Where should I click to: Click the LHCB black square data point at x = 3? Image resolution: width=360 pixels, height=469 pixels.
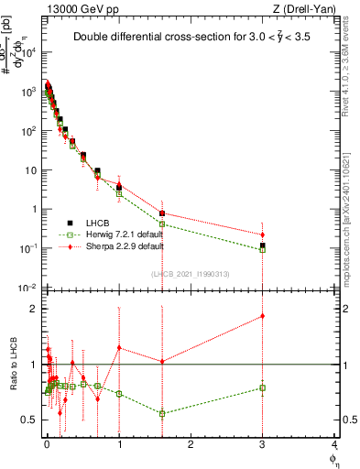[263, 245]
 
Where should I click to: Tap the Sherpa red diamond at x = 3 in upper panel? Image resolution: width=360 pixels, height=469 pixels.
[263, 234]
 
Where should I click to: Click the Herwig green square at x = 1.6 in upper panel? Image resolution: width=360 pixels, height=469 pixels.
[162, 224]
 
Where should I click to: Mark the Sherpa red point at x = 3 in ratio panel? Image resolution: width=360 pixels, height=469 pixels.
[263, 316]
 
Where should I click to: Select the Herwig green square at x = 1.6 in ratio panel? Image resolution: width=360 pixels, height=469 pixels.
[162, 413]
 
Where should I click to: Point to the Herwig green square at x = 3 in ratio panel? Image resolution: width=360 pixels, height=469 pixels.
[263, 387]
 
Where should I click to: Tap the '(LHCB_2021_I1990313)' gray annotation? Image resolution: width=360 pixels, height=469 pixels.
[191, 275]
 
